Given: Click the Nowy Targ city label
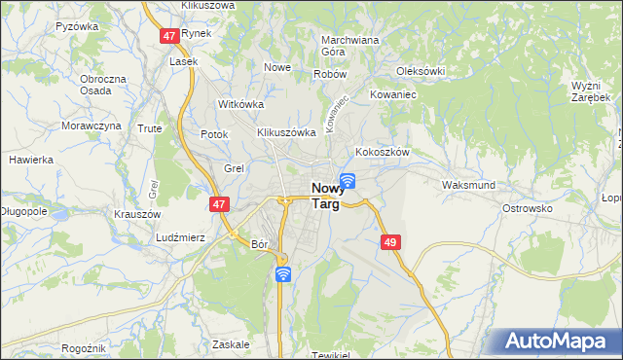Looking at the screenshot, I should coord(325,197).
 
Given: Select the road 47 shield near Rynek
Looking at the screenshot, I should coord(170,35).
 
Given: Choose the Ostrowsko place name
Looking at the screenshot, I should coord(527,208).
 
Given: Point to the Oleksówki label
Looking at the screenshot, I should coord(421,71).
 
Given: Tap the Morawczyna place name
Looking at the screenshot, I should coord(92,126).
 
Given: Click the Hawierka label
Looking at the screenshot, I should coord(30,160).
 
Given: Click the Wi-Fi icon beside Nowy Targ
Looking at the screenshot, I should coord(348,179).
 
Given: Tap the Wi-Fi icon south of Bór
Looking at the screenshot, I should coord(282,274).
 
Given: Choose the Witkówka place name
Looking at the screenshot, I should coord(241,104).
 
